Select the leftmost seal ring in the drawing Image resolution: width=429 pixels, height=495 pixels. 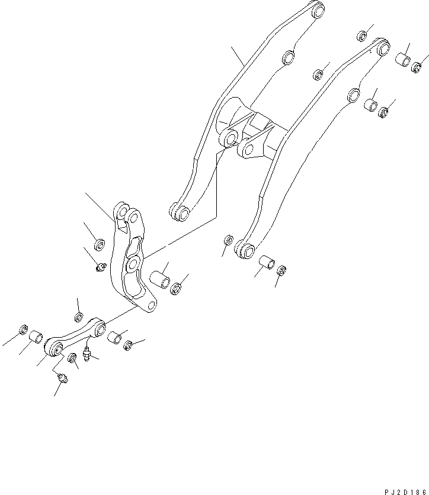(x=24, y=329)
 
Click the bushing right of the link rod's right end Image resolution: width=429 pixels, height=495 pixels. (x=114, y=339)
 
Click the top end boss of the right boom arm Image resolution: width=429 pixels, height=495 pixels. (x=382, y=47)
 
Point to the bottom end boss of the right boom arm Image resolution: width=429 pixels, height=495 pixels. (x=245, y=250)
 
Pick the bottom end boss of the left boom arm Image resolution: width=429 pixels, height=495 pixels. (x=180, y=213)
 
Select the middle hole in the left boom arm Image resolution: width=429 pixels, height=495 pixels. (x=288, y=57)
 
